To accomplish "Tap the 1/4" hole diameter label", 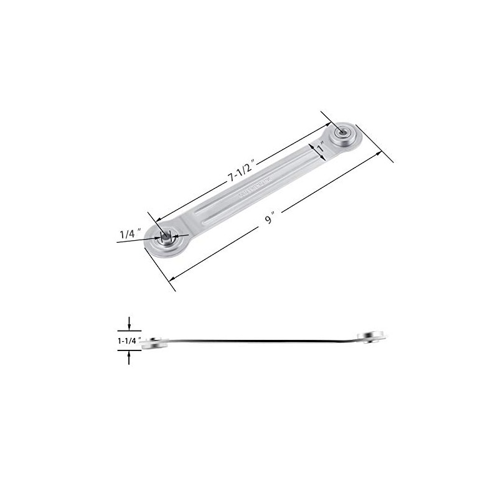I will point(131,233).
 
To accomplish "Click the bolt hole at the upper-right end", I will point(341,132).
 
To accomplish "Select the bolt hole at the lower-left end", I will point(166,237).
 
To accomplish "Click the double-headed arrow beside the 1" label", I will point(315,149).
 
